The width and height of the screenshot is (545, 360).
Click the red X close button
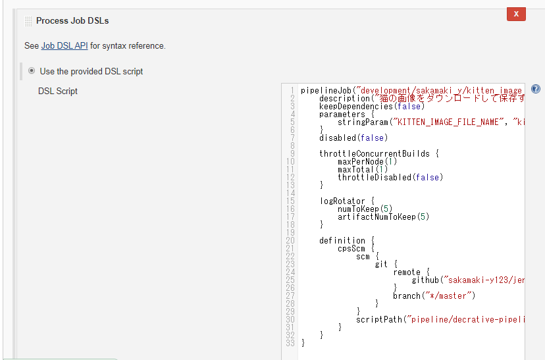click(516, 14)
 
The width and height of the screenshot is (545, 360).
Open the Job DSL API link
click(65, 46)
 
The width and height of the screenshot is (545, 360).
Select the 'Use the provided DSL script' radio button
click(32, 70)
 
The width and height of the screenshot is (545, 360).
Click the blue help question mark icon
click(536, 89)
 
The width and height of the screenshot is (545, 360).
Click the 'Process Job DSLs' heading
click(72, 21)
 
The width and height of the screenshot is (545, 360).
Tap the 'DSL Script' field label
click(58, 91)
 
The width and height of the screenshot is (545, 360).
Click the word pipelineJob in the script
click(326, 91)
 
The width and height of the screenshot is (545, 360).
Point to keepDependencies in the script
click(356, 107)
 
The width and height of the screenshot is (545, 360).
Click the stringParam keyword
click(363, 122)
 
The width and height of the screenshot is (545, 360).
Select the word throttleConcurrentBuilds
click(375, 153)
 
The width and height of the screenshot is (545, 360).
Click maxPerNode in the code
click(361, 162)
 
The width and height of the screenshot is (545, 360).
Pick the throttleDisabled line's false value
click(427, 178)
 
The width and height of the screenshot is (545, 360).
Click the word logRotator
click(342, 201)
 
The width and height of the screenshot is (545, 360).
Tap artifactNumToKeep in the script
click(376, 217)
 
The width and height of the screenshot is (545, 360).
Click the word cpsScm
click(351, 249)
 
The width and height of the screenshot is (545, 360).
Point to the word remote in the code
click(407, 272)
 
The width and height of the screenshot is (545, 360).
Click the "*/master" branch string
click(448, 296)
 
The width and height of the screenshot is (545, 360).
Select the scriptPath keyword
click(379, 319)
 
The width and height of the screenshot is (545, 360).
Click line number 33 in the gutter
click(290, 343)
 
